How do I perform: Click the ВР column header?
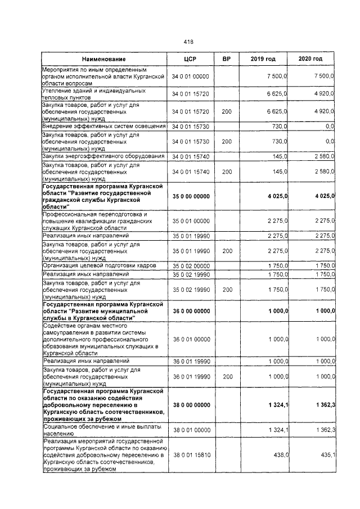point(227,59)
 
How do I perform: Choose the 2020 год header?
point(312,59)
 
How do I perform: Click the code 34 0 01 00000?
point(190,75)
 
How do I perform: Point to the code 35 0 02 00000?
point(190,265)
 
